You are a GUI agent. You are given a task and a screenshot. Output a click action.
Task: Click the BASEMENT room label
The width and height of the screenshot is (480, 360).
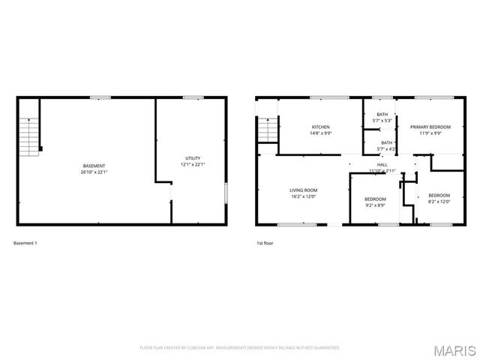94,165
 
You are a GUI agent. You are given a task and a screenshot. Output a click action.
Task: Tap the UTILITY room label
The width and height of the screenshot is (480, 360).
193,157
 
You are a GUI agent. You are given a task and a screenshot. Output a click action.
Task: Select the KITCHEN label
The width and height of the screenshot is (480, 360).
320,127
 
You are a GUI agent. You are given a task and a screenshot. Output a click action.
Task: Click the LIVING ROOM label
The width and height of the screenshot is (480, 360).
304,190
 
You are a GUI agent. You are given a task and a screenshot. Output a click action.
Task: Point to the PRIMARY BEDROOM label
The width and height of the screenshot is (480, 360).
425,127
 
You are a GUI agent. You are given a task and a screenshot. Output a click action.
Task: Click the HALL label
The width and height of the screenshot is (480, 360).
382,164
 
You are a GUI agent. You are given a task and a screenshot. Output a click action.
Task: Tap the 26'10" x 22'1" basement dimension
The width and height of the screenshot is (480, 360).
94,171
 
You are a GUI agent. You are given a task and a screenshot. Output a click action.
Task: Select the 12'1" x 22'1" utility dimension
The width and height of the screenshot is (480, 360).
193,164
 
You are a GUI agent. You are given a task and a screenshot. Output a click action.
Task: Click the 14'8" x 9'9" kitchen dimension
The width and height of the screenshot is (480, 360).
320,133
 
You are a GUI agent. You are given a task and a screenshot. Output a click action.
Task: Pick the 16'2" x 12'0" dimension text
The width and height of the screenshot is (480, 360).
304,196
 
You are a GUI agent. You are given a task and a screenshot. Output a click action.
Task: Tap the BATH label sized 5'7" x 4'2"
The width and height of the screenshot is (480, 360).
386,142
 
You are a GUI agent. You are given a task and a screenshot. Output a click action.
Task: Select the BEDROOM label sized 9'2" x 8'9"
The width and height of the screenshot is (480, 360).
375,199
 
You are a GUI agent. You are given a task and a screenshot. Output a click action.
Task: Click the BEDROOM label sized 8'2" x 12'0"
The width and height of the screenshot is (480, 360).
439,194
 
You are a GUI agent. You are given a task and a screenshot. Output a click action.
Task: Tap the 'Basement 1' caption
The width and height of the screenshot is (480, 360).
25,244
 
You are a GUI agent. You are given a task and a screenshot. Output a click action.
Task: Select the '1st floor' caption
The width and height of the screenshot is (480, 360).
265,244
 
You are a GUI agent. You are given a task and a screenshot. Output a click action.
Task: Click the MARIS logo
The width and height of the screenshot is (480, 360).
454,350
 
